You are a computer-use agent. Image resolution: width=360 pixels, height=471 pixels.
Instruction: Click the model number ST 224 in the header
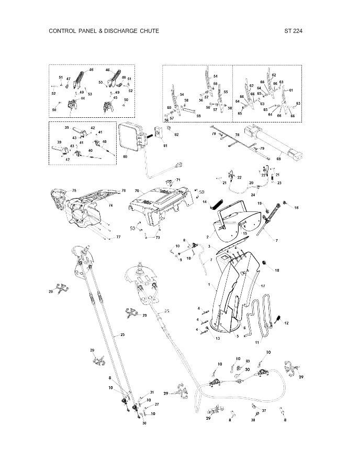(294, 31)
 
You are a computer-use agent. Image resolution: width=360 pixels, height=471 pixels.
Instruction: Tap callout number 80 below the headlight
(125, 156)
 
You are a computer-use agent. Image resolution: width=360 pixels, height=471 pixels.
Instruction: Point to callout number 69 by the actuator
(279, 158)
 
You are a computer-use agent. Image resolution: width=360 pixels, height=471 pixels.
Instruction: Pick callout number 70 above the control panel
(137, 191)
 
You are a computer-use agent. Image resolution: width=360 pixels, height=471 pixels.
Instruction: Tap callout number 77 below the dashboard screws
(118, 237)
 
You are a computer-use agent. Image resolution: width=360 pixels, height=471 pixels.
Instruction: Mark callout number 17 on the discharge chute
(263, 286)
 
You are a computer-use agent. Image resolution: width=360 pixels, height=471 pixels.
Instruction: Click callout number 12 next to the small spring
(286, 323)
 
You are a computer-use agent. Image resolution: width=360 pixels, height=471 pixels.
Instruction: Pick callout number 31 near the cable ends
(152, 392)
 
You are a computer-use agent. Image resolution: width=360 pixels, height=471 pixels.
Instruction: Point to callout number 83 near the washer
(248, 361)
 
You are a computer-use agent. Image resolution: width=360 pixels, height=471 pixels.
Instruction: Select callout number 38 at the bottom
(253, 420)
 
